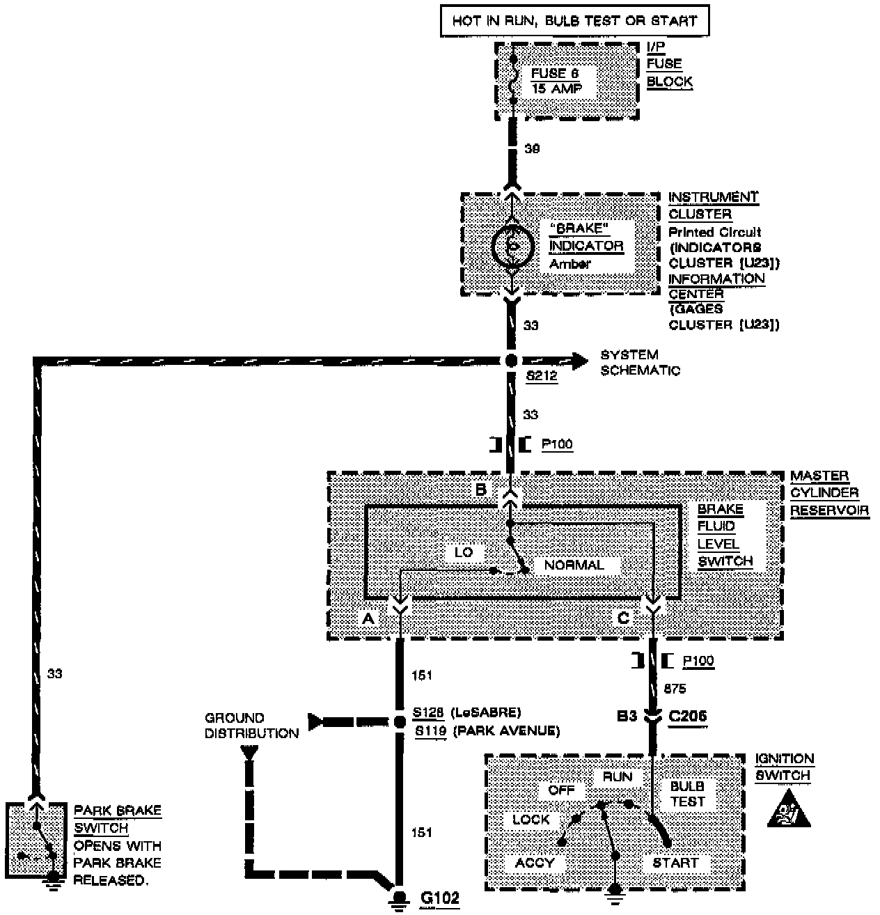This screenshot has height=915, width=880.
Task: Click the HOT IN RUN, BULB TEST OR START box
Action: click(574, 21)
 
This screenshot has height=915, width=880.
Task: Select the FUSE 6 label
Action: click(554, 73)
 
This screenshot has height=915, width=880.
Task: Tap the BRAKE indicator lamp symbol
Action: click(513, 247)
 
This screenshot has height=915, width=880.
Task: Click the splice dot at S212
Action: click(511, 361)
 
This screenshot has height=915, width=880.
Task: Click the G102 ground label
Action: click(441, 898)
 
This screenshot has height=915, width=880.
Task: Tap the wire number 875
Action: click(675, 689)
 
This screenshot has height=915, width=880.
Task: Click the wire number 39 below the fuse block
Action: click(531, 149)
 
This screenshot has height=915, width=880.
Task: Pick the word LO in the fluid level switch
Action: click(464, 552)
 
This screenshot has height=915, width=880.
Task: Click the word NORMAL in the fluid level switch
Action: click(574, 565)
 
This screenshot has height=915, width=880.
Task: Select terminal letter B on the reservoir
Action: click(480, 490)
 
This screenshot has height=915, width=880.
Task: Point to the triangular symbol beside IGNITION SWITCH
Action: click(789, 810)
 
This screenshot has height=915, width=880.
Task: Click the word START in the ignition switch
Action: click(675, 863)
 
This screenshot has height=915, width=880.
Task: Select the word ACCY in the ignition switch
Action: click(535, 863)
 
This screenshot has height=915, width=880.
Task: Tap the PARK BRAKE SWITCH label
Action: click(118, 820)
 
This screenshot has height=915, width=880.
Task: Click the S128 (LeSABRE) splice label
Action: click(466, 713)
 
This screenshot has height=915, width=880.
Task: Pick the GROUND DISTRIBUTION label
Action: click(251, 726)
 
